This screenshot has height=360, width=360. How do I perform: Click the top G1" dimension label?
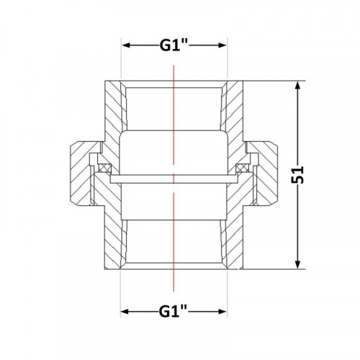[174, 45]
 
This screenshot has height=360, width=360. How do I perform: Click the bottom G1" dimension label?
[173, 312]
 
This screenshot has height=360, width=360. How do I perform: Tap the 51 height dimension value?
[297, 175]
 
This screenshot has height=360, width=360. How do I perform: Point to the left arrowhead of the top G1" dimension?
[126, 45]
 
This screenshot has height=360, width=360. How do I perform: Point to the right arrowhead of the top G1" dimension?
[222, 45]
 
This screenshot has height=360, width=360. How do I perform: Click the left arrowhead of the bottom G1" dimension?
[125, 312]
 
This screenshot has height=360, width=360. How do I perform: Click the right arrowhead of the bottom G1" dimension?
[222, 312]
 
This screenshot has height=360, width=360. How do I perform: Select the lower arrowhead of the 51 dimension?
[297, 264]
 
